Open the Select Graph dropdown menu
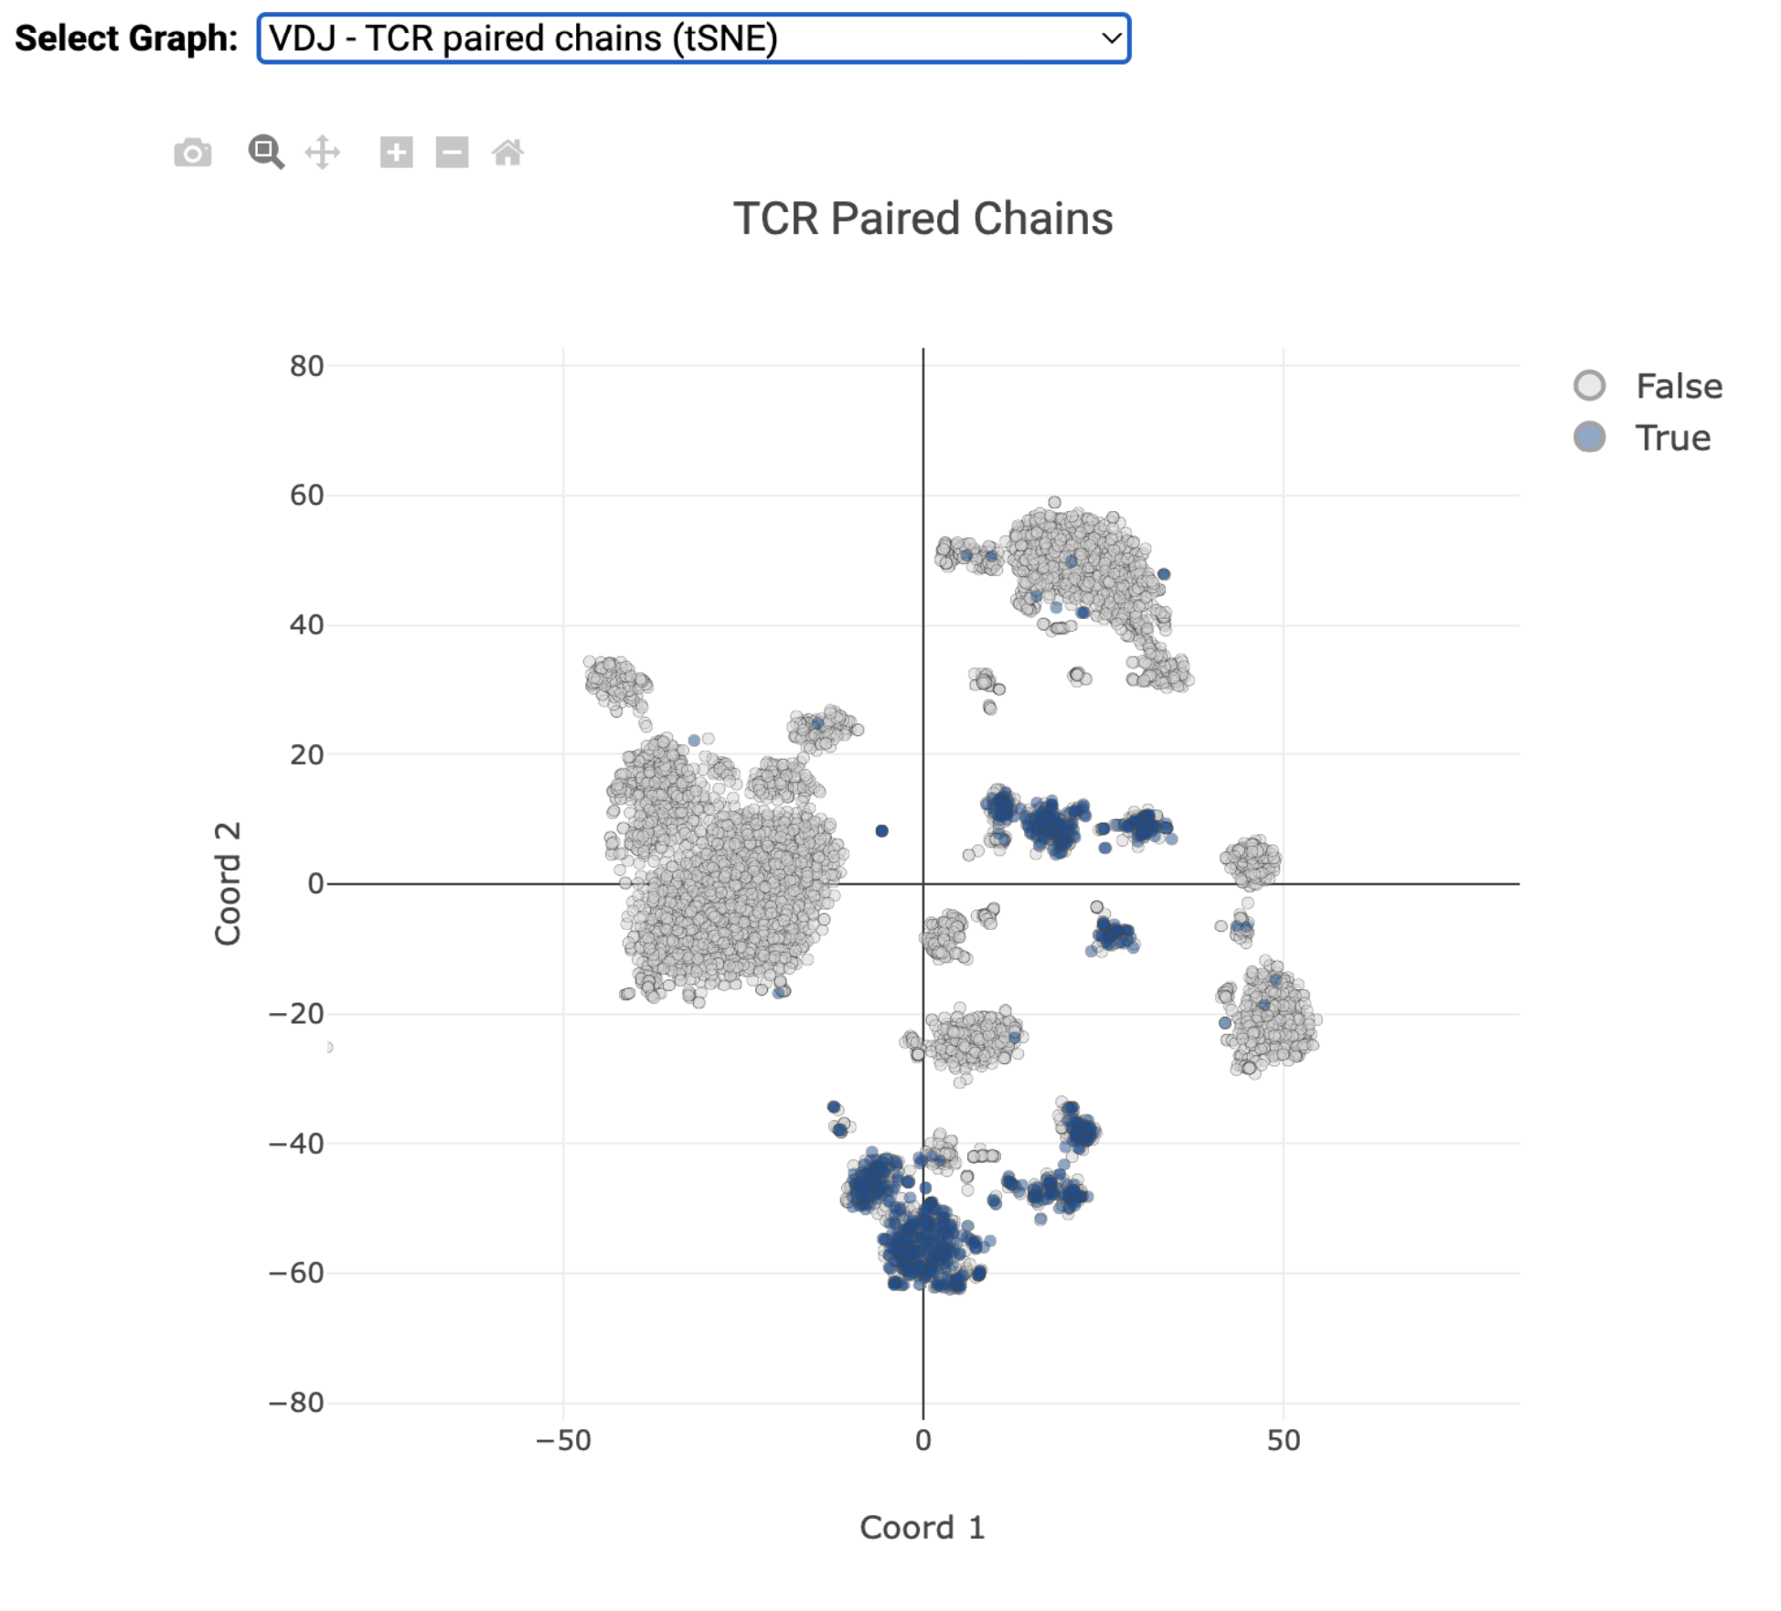click(693, 38)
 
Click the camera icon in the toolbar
click(192, 153)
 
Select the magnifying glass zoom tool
click(266, 152)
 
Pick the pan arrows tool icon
click(323, 153)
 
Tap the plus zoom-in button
click(396, 153)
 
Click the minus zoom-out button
click(452, 153)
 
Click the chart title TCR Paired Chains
click(922, 219)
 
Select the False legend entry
click(1678, 386)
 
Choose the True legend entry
click(1672, 438)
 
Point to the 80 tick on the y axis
click(307, 366)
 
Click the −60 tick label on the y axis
click(296, 1273)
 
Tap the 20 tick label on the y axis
click(307, 754)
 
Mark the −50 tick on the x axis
click(563, 1440)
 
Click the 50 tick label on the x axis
click(1283, 1440)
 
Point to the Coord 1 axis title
click(922, 1527)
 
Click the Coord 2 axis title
click(228, 883)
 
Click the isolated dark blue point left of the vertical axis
click(881, 831)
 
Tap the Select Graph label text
click(126, 38)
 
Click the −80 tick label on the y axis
click(296, 1402)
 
